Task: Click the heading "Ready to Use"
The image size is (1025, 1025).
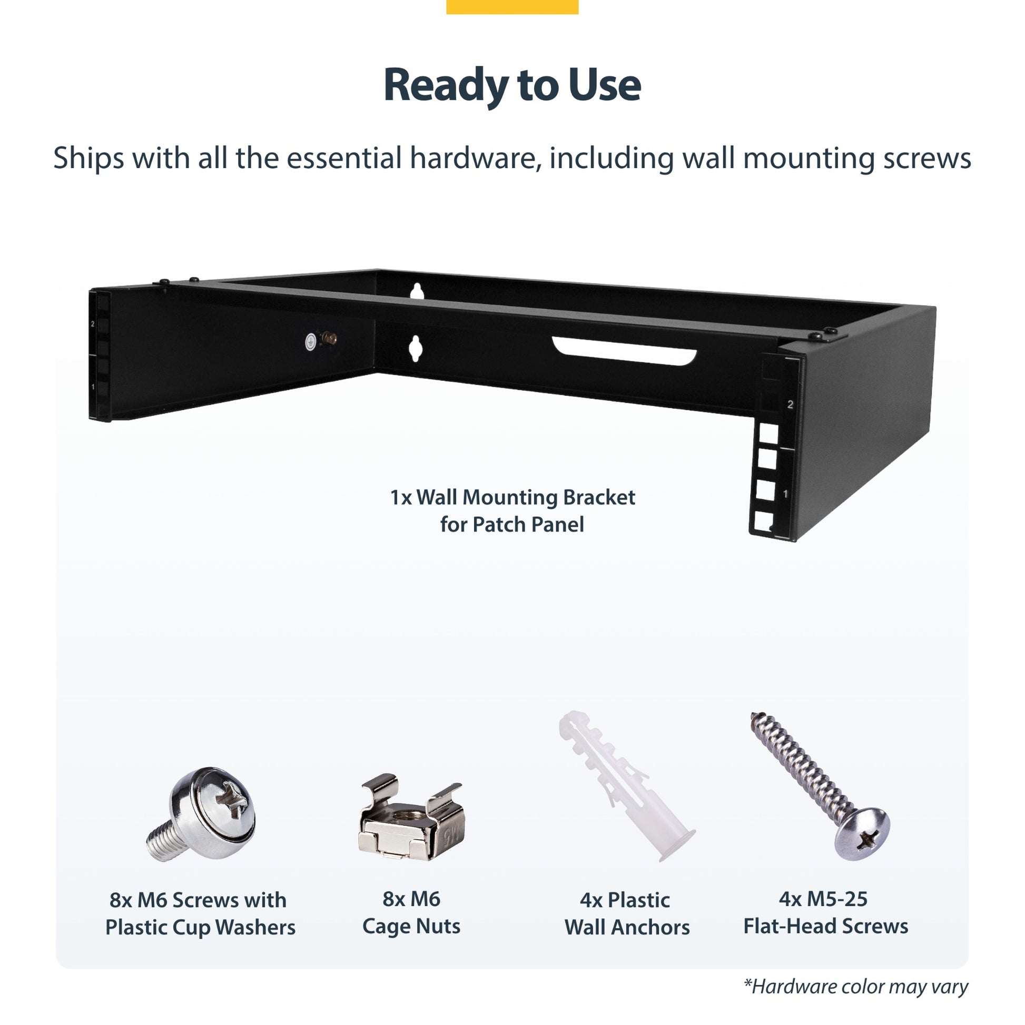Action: coord(512,85)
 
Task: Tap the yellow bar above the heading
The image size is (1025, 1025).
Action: coord(512,7)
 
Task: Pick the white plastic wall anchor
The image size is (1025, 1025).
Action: coord(626,786)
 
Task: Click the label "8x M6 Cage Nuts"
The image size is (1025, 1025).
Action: coord(411,912)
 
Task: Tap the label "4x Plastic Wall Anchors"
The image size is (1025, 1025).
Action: coord(627,913)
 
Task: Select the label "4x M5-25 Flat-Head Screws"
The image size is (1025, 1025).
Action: coord(825,912)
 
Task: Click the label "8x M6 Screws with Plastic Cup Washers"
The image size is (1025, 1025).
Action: coord(200,913)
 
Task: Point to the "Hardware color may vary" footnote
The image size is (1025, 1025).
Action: coord(856,986)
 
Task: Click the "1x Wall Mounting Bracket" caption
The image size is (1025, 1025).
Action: coord(512,497)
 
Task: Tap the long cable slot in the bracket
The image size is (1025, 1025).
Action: coord(624,351)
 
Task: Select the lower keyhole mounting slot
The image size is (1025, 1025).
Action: coord(416,349)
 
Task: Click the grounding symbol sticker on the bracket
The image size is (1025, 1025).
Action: coord(311,342)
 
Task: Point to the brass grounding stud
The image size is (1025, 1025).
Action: coord(329,338)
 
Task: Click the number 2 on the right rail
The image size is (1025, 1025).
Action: coord(790,405)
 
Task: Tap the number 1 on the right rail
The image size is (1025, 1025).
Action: coord(786,494)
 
